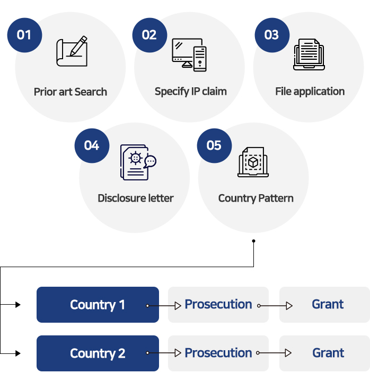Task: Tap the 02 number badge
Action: click(x=149, y=35)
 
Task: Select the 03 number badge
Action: click(x=271, y=35)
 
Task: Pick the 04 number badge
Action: click(x=92, y=145)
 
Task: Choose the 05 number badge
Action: click(x=214, y=145)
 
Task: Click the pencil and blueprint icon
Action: click(x=72, y=51)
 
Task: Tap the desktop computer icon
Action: click(x=189, y=54)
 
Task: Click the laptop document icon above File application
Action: click(x=309, y=54)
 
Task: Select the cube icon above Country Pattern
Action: click(x=253, y=162)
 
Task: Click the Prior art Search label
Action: click(x=71, y=92)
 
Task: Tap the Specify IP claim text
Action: click(x=191, y=92)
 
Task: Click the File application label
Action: click(x=310, y=92)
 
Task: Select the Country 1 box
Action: click(x=98, y=305)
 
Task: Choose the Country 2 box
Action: click(x=98, y=353)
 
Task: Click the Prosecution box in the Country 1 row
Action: click(x=218, y=305)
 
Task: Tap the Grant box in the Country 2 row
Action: click(x=324, y=353)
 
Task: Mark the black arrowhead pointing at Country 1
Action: click(x=17, y=305)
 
